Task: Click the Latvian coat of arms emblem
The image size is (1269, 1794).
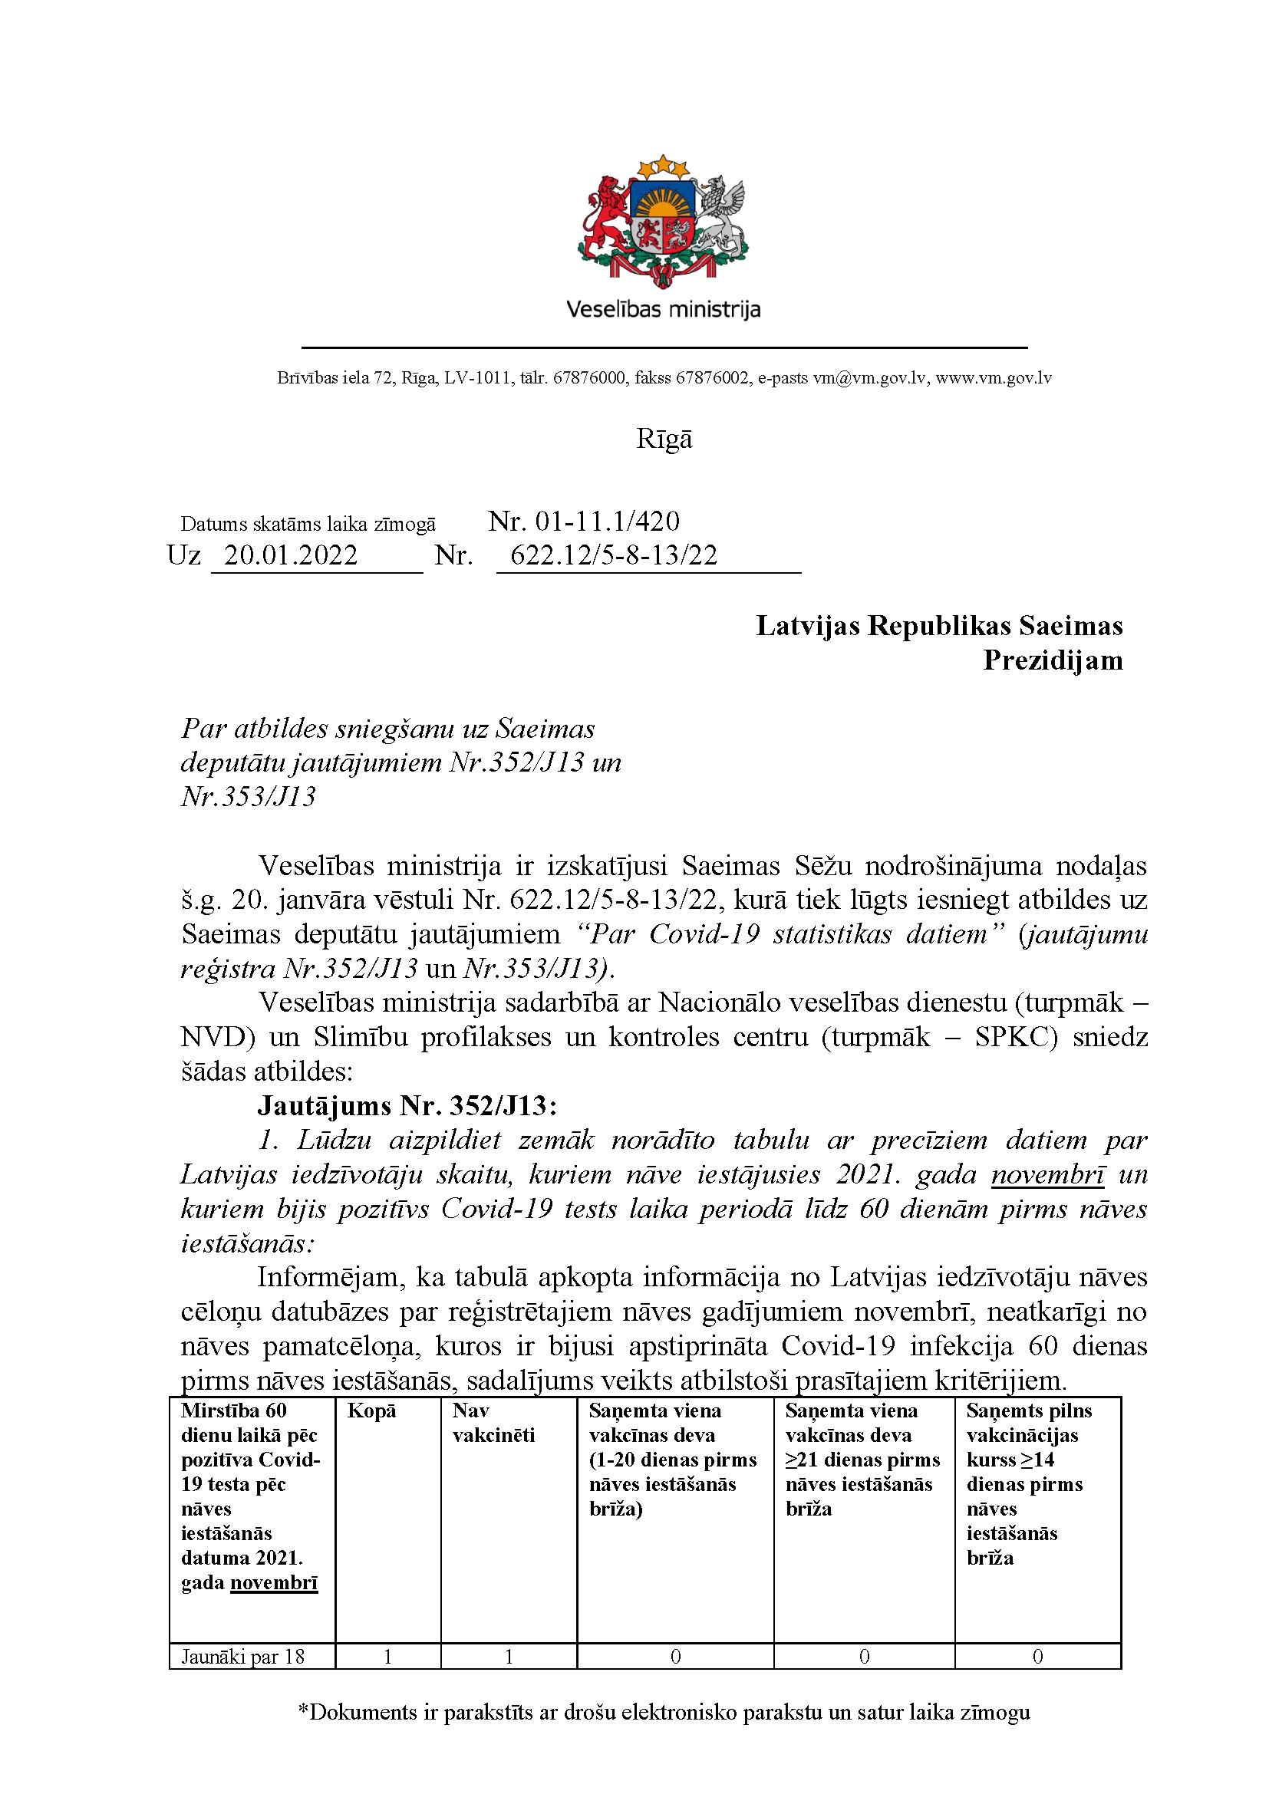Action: pos(663,220)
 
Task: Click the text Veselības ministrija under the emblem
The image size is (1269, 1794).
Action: pos(663,309)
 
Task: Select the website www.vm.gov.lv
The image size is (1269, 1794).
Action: pos(993,378)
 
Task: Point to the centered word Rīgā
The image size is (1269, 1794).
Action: pos(664,439)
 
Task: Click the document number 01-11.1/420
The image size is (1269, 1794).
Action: pos(606,521)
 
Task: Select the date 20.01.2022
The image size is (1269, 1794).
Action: pos(291,555)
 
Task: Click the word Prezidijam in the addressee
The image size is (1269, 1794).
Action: pos(1052,660)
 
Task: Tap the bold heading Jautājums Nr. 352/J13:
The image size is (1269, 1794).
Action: pos(407,1106)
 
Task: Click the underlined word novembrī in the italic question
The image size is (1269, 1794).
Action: pos(1047,1174)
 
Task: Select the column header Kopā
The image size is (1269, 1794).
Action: pos(372,1411)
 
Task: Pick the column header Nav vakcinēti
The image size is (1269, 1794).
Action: pos(493,1422)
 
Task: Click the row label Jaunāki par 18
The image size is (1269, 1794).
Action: pos(243,1657)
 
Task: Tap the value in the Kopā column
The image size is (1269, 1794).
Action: pos(387,1657)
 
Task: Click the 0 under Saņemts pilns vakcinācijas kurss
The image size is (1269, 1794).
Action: pos(1037,1657)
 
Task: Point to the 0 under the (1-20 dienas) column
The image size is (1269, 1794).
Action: pos(675,1657)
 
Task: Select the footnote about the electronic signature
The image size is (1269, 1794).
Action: pos(664,1712)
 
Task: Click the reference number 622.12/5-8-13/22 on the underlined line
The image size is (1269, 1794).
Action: pos(614,555)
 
